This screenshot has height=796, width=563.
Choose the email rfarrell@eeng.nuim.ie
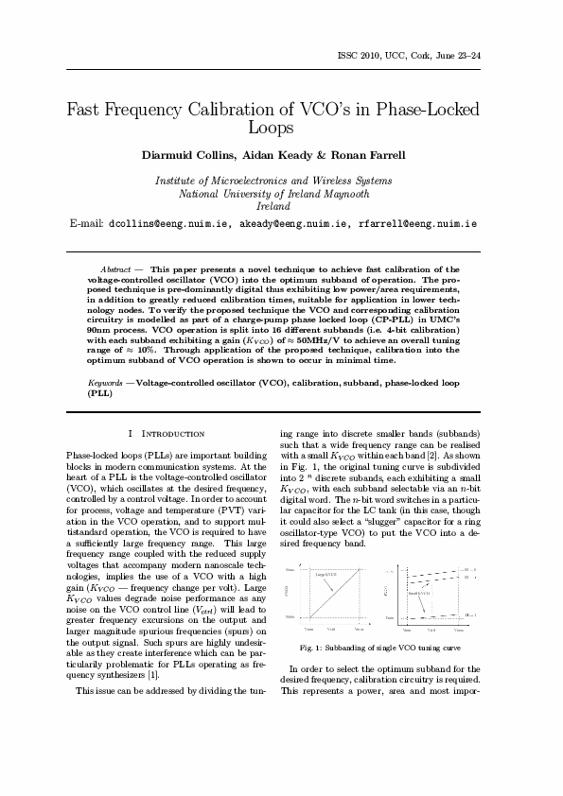tap(417, 224)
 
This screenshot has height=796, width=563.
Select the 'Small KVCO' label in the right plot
tap(419, 593)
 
